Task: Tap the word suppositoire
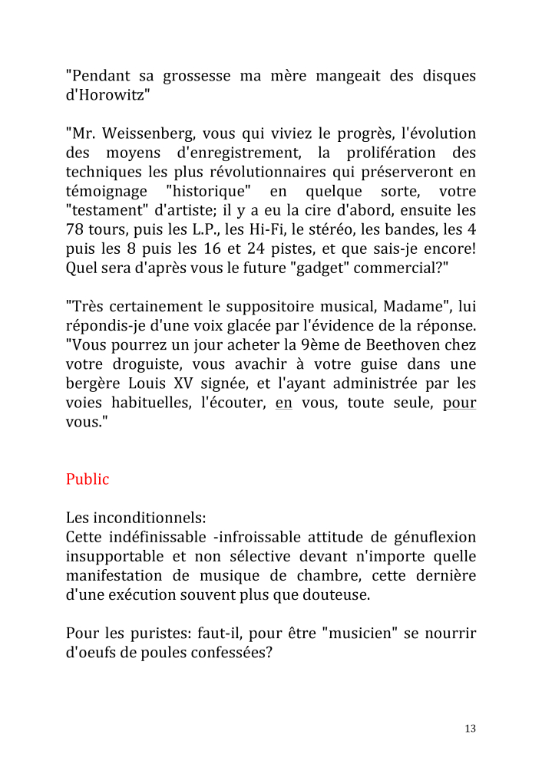[264, 307]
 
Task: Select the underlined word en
[284, 403]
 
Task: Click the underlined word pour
[459, 403]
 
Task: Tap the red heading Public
[88, 479]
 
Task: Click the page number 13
[471, 729]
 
